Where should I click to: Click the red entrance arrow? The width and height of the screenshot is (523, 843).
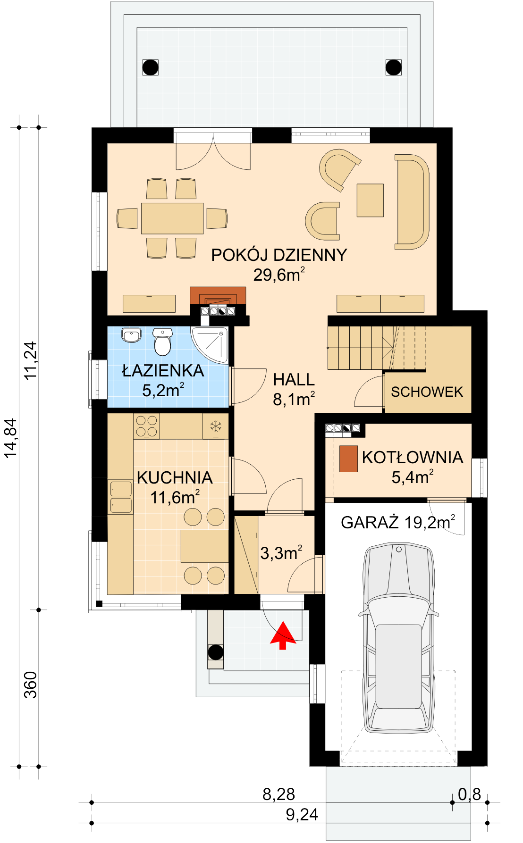pyautogui.click(x=283, y=635)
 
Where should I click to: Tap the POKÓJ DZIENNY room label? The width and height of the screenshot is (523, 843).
pyautogui.click(x=279, y=255)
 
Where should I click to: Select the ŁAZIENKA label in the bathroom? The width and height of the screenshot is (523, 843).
pyautogui.click(x=163, y=371)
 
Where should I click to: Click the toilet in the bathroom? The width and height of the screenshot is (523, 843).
pyautogui.click(x=162, y=342)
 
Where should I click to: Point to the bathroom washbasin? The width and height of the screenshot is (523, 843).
pyautogui.click(x=131, y=335)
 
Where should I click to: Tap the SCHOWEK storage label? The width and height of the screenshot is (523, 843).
pyautogui.click(x=427, y=392)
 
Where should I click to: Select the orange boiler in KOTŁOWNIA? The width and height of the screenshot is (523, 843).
pyautogui.click(x=348, y=459)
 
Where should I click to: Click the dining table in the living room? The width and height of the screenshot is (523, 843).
pyautogui.click(x=172, y=218)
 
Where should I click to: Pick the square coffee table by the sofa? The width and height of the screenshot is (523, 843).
pyautogui.click(x=370, y=200)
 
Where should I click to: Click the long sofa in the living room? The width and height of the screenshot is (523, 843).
pyautogui.click(x=412, y=201)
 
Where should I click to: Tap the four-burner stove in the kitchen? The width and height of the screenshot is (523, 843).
pyautogui.click(x=146, y=426)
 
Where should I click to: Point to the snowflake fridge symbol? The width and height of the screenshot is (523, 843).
pyautogui.click(x=216, y=427)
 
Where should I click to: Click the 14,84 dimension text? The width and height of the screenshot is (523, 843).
pyautogui.click(x=10, y=438)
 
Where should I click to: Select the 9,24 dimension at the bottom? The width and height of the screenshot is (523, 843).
pyautogui.click(x=302, y=815)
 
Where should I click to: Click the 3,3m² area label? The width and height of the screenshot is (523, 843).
pyautogui.click(x=281, y=553)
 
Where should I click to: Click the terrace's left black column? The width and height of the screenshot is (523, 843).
pyautogui.click(x=151, y=67)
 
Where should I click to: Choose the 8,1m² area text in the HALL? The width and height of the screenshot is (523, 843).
pyautogui.click(x=294, y=400)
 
